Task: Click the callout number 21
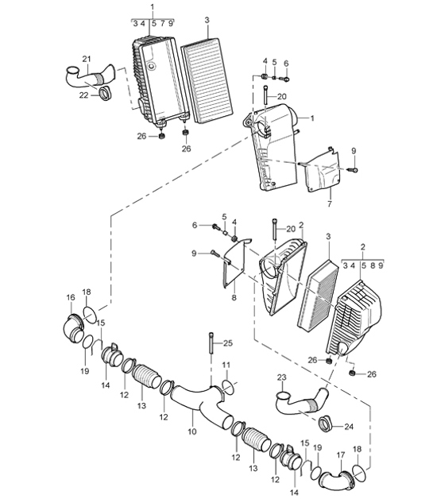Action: coord(87,59)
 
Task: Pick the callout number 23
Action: coord(280,377)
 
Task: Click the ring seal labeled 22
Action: coord(103,98)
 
